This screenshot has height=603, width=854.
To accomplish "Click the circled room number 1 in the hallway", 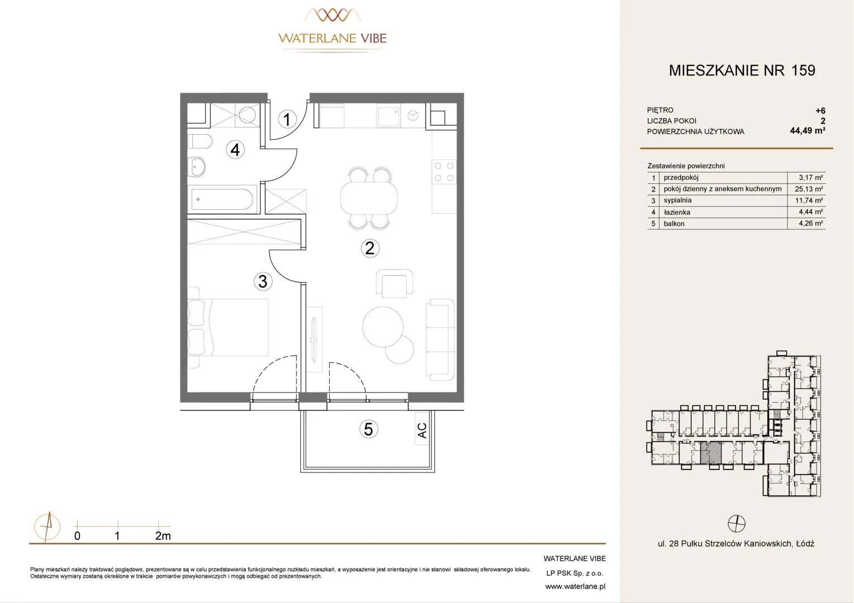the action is pos(287,119).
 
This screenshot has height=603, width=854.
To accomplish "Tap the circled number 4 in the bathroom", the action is pos(235,150).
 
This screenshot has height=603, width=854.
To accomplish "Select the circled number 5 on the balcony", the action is pos(368,429).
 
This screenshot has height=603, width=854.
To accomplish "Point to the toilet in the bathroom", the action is pos(200,141).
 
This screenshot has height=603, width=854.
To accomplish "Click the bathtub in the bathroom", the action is pos(222,198).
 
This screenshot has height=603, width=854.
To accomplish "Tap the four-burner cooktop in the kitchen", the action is pos(444,171).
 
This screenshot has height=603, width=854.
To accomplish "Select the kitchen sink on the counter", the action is pos(388,116).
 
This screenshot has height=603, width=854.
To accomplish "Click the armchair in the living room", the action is pos(394,284).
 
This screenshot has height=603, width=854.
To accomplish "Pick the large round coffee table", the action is pos(383,327).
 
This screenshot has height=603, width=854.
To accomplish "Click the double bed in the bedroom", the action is pos(228,328).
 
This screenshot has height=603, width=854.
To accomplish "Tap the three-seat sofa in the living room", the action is pos(440,340).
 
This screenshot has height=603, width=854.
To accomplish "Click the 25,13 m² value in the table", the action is pos(809,189).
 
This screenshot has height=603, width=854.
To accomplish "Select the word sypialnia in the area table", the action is pos(677,200).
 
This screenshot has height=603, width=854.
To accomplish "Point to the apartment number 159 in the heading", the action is pos(803,70).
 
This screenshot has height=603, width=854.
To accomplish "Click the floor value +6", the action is pos(820,111).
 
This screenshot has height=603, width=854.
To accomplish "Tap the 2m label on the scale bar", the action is pos(163,535).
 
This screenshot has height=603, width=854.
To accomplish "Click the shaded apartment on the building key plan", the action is pos(711,453).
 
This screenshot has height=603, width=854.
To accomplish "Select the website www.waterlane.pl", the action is pos(575,587).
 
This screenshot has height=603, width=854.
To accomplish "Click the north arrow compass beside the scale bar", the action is pos(48,527).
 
